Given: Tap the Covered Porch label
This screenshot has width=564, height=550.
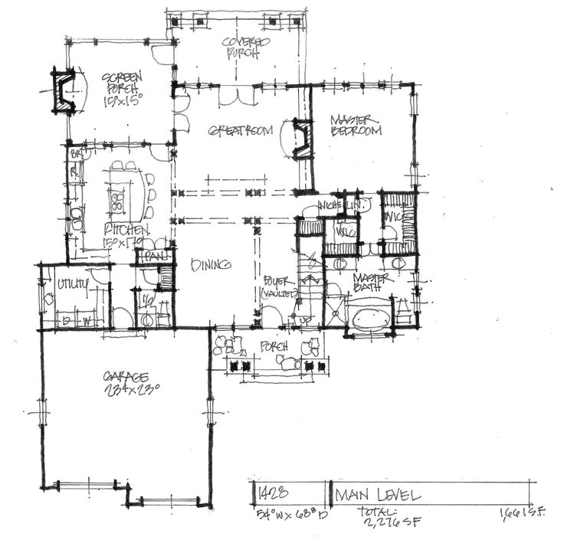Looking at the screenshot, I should click(242, 47).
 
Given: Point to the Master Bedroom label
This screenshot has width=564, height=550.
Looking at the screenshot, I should click(356, 126).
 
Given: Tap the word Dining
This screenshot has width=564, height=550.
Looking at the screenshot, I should click(211, 264).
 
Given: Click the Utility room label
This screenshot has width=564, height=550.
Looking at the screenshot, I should click(72, 284).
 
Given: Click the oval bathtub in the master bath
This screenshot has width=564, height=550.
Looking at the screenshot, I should click(370, 316).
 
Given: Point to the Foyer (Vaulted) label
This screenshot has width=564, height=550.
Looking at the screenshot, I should click(274, 286).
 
